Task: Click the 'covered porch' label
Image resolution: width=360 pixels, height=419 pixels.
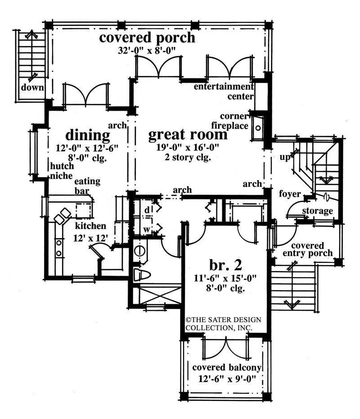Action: pos(147,37)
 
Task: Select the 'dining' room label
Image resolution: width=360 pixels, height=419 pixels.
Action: pos(88,135)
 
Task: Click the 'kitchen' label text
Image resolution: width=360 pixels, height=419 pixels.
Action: pos(90,225)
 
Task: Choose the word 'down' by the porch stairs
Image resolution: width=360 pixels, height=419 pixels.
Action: pos(34,88)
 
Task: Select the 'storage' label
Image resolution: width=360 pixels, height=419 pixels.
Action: pos(317,211)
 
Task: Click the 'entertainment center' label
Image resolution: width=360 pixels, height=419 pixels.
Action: pos(224,91)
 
